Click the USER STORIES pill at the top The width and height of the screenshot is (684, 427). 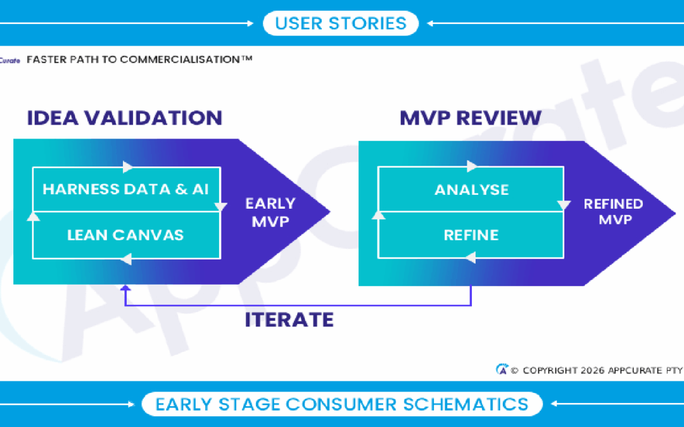[x=341, y=23]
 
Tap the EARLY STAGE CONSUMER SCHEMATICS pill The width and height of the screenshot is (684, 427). [x=341, y=404]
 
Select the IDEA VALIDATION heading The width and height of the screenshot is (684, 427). [x=125, y=118]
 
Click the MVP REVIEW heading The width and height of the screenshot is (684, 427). [x=470, y=118]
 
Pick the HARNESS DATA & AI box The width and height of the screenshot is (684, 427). [x=125, y=189]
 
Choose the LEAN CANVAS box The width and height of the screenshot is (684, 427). [x=125, y=235]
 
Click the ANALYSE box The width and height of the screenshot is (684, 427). [x=471, y=189]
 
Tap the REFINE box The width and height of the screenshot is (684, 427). [x=471, y=235]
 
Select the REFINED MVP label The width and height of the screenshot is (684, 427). [x=613, y=211]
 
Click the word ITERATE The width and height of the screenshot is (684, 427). [x=289, y=319]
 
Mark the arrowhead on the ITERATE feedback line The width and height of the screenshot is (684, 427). [x=126, y=290]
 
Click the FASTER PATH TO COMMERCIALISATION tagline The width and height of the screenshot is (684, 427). [x=139, y=59]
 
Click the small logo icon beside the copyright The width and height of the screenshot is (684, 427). [x=502, y=369]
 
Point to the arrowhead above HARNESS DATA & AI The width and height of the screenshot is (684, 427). [x=128, y=167]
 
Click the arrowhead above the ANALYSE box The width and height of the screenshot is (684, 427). [x=472, y=167]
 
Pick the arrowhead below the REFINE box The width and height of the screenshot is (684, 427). [x=471, y=258]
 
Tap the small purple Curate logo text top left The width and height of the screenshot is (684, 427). [x=11, y=60]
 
